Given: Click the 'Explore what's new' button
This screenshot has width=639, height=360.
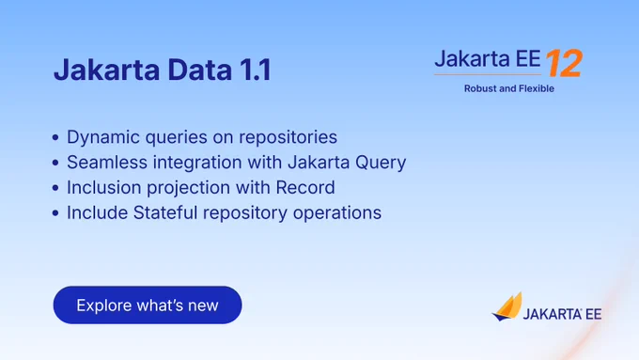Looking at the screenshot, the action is [148, 305].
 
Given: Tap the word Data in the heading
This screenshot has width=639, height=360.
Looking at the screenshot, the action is [199, 70].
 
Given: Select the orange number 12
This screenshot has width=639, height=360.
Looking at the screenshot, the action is [565, 63].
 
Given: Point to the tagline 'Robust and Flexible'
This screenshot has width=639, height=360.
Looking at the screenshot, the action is [509, 88].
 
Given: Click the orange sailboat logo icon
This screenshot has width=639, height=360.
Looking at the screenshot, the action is [507, 306].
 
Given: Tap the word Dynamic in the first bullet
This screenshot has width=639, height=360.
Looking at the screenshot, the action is [103, 137].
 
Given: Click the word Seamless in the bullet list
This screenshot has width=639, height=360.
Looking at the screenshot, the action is [107, 163].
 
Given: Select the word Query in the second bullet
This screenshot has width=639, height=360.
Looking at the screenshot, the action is [381, 163].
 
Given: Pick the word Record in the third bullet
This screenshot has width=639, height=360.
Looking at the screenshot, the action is [305, 188].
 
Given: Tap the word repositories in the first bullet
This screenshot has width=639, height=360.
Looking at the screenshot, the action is [288, 137].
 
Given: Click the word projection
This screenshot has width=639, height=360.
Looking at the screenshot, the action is [188, 188].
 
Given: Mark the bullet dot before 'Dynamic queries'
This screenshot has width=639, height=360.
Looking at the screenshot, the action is [55, 138].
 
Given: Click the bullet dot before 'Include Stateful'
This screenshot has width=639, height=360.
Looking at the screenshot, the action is [55, 213].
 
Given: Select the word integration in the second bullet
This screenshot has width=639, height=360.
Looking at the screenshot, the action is [197, 163].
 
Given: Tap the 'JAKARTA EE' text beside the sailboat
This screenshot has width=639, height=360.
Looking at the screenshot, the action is [562, 314].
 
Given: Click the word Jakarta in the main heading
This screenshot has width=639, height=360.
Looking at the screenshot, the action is [107, 70].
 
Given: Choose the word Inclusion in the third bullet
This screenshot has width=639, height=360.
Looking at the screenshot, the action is [104, 188].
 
